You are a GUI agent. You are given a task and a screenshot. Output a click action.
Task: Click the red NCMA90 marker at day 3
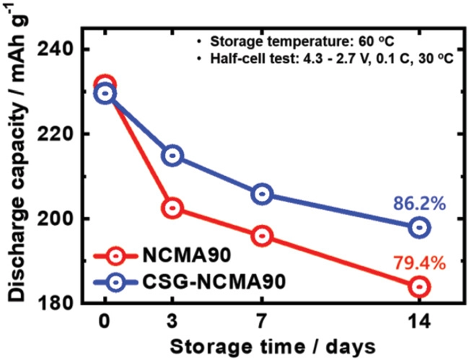point(173,208)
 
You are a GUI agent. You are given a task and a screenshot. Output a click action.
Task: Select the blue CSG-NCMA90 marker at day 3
point(173,156)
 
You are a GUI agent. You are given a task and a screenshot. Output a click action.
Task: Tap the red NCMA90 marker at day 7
point(262,236)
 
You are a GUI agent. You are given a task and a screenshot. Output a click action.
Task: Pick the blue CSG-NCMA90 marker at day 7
point(262,194)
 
